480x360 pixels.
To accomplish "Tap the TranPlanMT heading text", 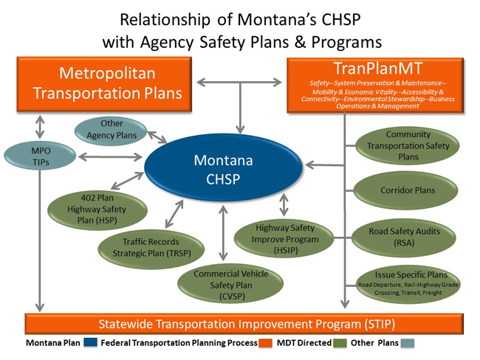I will point(374,69).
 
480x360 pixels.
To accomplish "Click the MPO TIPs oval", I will point(38,156).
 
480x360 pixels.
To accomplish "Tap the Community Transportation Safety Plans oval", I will point(408,145).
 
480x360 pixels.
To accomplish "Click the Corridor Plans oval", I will point(408,190).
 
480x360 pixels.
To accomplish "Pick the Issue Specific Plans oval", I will point(408,283).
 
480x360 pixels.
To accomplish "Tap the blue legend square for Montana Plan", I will point(91,344).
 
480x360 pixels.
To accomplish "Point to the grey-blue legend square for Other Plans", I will point(408,344).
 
